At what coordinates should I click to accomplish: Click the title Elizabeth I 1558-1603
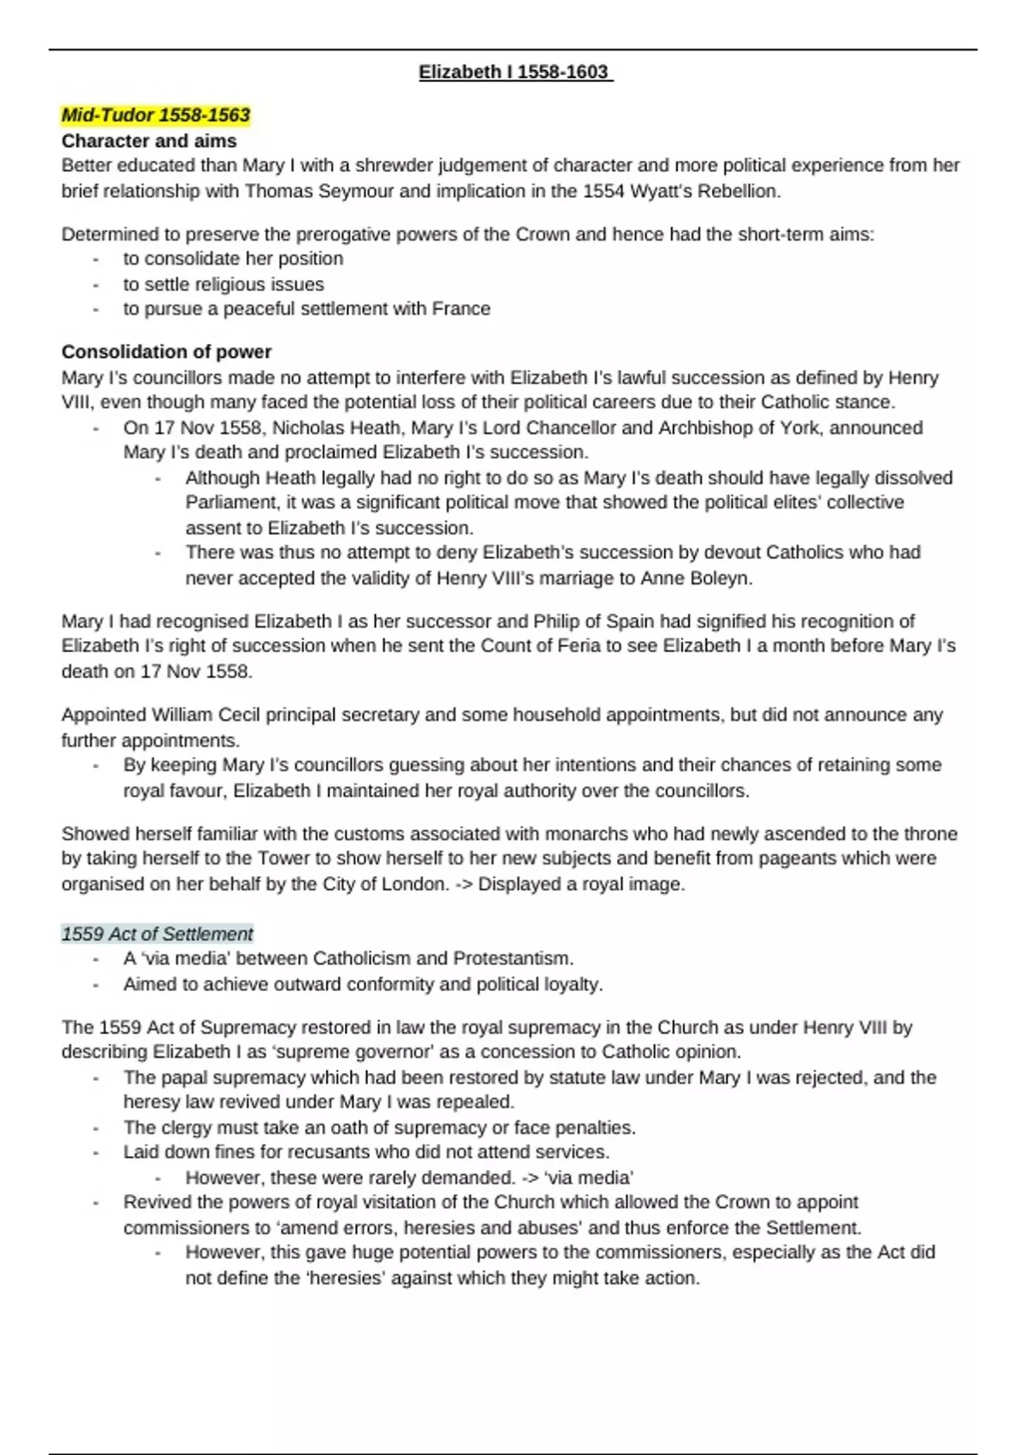click(x=514, y=72)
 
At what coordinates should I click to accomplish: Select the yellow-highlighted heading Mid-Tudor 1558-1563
click(x=156, y=115)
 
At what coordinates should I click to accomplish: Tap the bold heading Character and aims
click(x=149, y=140)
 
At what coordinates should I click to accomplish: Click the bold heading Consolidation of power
click(x=166, y=352)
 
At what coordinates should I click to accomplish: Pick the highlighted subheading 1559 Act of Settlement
click(x=157, y=934)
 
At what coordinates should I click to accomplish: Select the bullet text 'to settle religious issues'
click(x=223, y=284)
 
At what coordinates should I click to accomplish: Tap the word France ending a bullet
click(x=461, y=309)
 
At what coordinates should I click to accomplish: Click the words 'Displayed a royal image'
click(x=581, y=884)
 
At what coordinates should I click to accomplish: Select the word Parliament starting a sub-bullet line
click(x=233, y=502)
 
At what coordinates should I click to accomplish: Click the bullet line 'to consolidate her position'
click(x=233, y=258)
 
